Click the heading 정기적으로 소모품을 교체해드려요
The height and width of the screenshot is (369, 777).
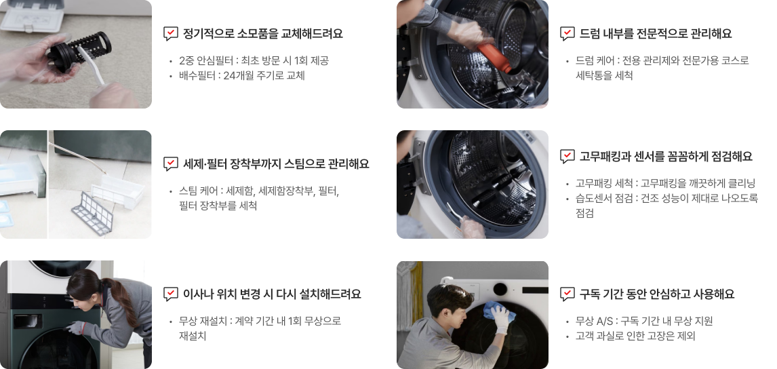click(x=262, y=34)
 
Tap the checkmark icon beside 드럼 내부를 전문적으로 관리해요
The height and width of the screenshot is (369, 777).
click(x=567, y=34)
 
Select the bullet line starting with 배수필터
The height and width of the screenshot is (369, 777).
click(x=242, y=75)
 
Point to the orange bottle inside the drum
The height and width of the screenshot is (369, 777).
click(x=494, y=57)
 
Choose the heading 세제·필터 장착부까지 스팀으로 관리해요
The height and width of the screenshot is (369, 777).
click(x=276, y=163)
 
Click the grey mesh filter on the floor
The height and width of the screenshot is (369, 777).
click(x=93, y=213)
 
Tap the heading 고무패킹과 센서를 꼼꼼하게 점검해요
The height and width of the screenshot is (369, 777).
click(x=666, y=156)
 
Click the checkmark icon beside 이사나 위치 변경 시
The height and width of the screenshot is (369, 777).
click(x=171, y=294)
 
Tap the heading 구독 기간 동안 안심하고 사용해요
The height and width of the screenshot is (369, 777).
click(x=657, y=294)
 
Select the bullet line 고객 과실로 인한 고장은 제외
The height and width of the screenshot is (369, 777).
click(x=635, y=336)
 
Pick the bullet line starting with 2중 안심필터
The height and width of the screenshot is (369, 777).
click(x=254, y=60)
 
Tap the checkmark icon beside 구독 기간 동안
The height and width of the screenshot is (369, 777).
click(x=567, y=294)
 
